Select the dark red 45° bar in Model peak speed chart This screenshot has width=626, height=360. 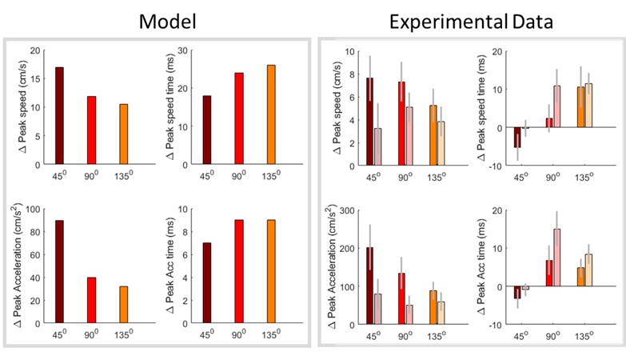tap(59, 116)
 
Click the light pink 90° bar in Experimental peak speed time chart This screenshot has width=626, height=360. tap(534, 106)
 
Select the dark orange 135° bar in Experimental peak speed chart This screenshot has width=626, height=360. tap(434, 135)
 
